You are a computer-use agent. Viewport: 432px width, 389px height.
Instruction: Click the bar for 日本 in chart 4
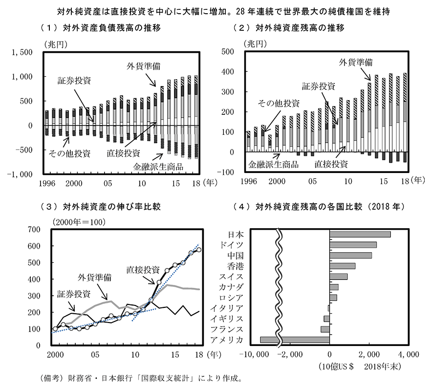(360, 234)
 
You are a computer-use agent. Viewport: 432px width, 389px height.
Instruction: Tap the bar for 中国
(350, 255)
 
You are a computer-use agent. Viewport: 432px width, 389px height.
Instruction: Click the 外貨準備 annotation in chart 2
(356, 63)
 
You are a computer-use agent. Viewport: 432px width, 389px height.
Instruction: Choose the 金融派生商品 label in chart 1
(158, 167)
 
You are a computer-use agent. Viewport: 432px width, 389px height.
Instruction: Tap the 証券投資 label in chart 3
(73, 294)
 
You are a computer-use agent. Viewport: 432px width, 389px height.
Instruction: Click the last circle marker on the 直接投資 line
(198, 250)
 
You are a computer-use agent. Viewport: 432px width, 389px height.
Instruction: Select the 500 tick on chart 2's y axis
(229, 51)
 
